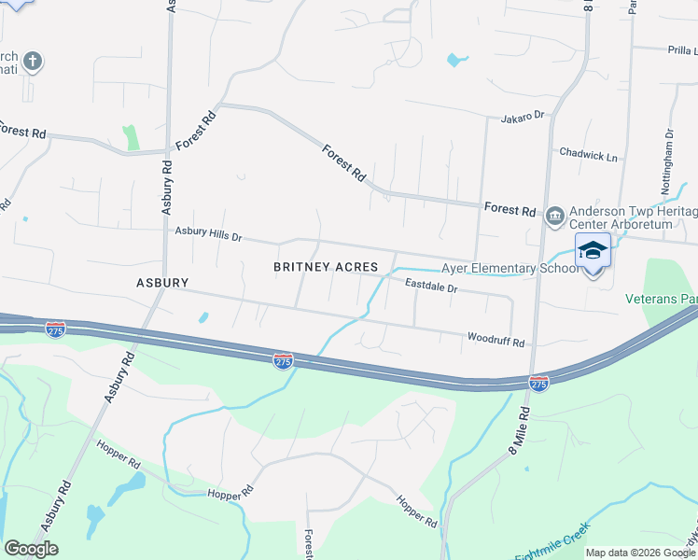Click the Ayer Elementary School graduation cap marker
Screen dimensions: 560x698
point(593,253)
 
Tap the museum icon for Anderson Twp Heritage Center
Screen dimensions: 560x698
point(554,217)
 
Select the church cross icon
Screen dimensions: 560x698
point(33,63)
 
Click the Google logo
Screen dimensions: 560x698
point(31,549)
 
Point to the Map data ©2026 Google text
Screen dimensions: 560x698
point(639,553)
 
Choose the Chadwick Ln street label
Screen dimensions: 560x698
point(588,154)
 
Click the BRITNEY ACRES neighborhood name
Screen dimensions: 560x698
point(326,267)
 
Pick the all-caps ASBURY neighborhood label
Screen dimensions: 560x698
point(162,282)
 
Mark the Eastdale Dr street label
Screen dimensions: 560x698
point(430,288)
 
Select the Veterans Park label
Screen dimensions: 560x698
point(662,301)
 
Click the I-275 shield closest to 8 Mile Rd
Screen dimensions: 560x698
point(538,384)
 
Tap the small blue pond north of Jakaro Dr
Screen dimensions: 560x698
point(456,61)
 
